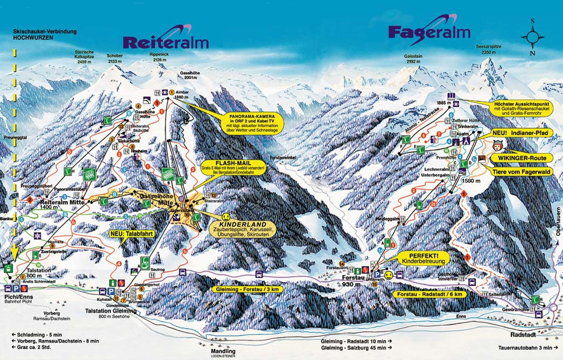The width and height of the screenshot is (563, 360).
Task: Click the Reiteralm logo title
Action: click(x=165, y=42)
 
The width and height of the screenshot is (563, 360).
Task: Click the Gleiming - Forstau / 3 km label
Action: click(x=248, y=290)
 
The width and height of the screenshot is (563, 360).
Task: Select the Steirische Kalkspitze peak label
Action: click(x=88, y=57)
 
